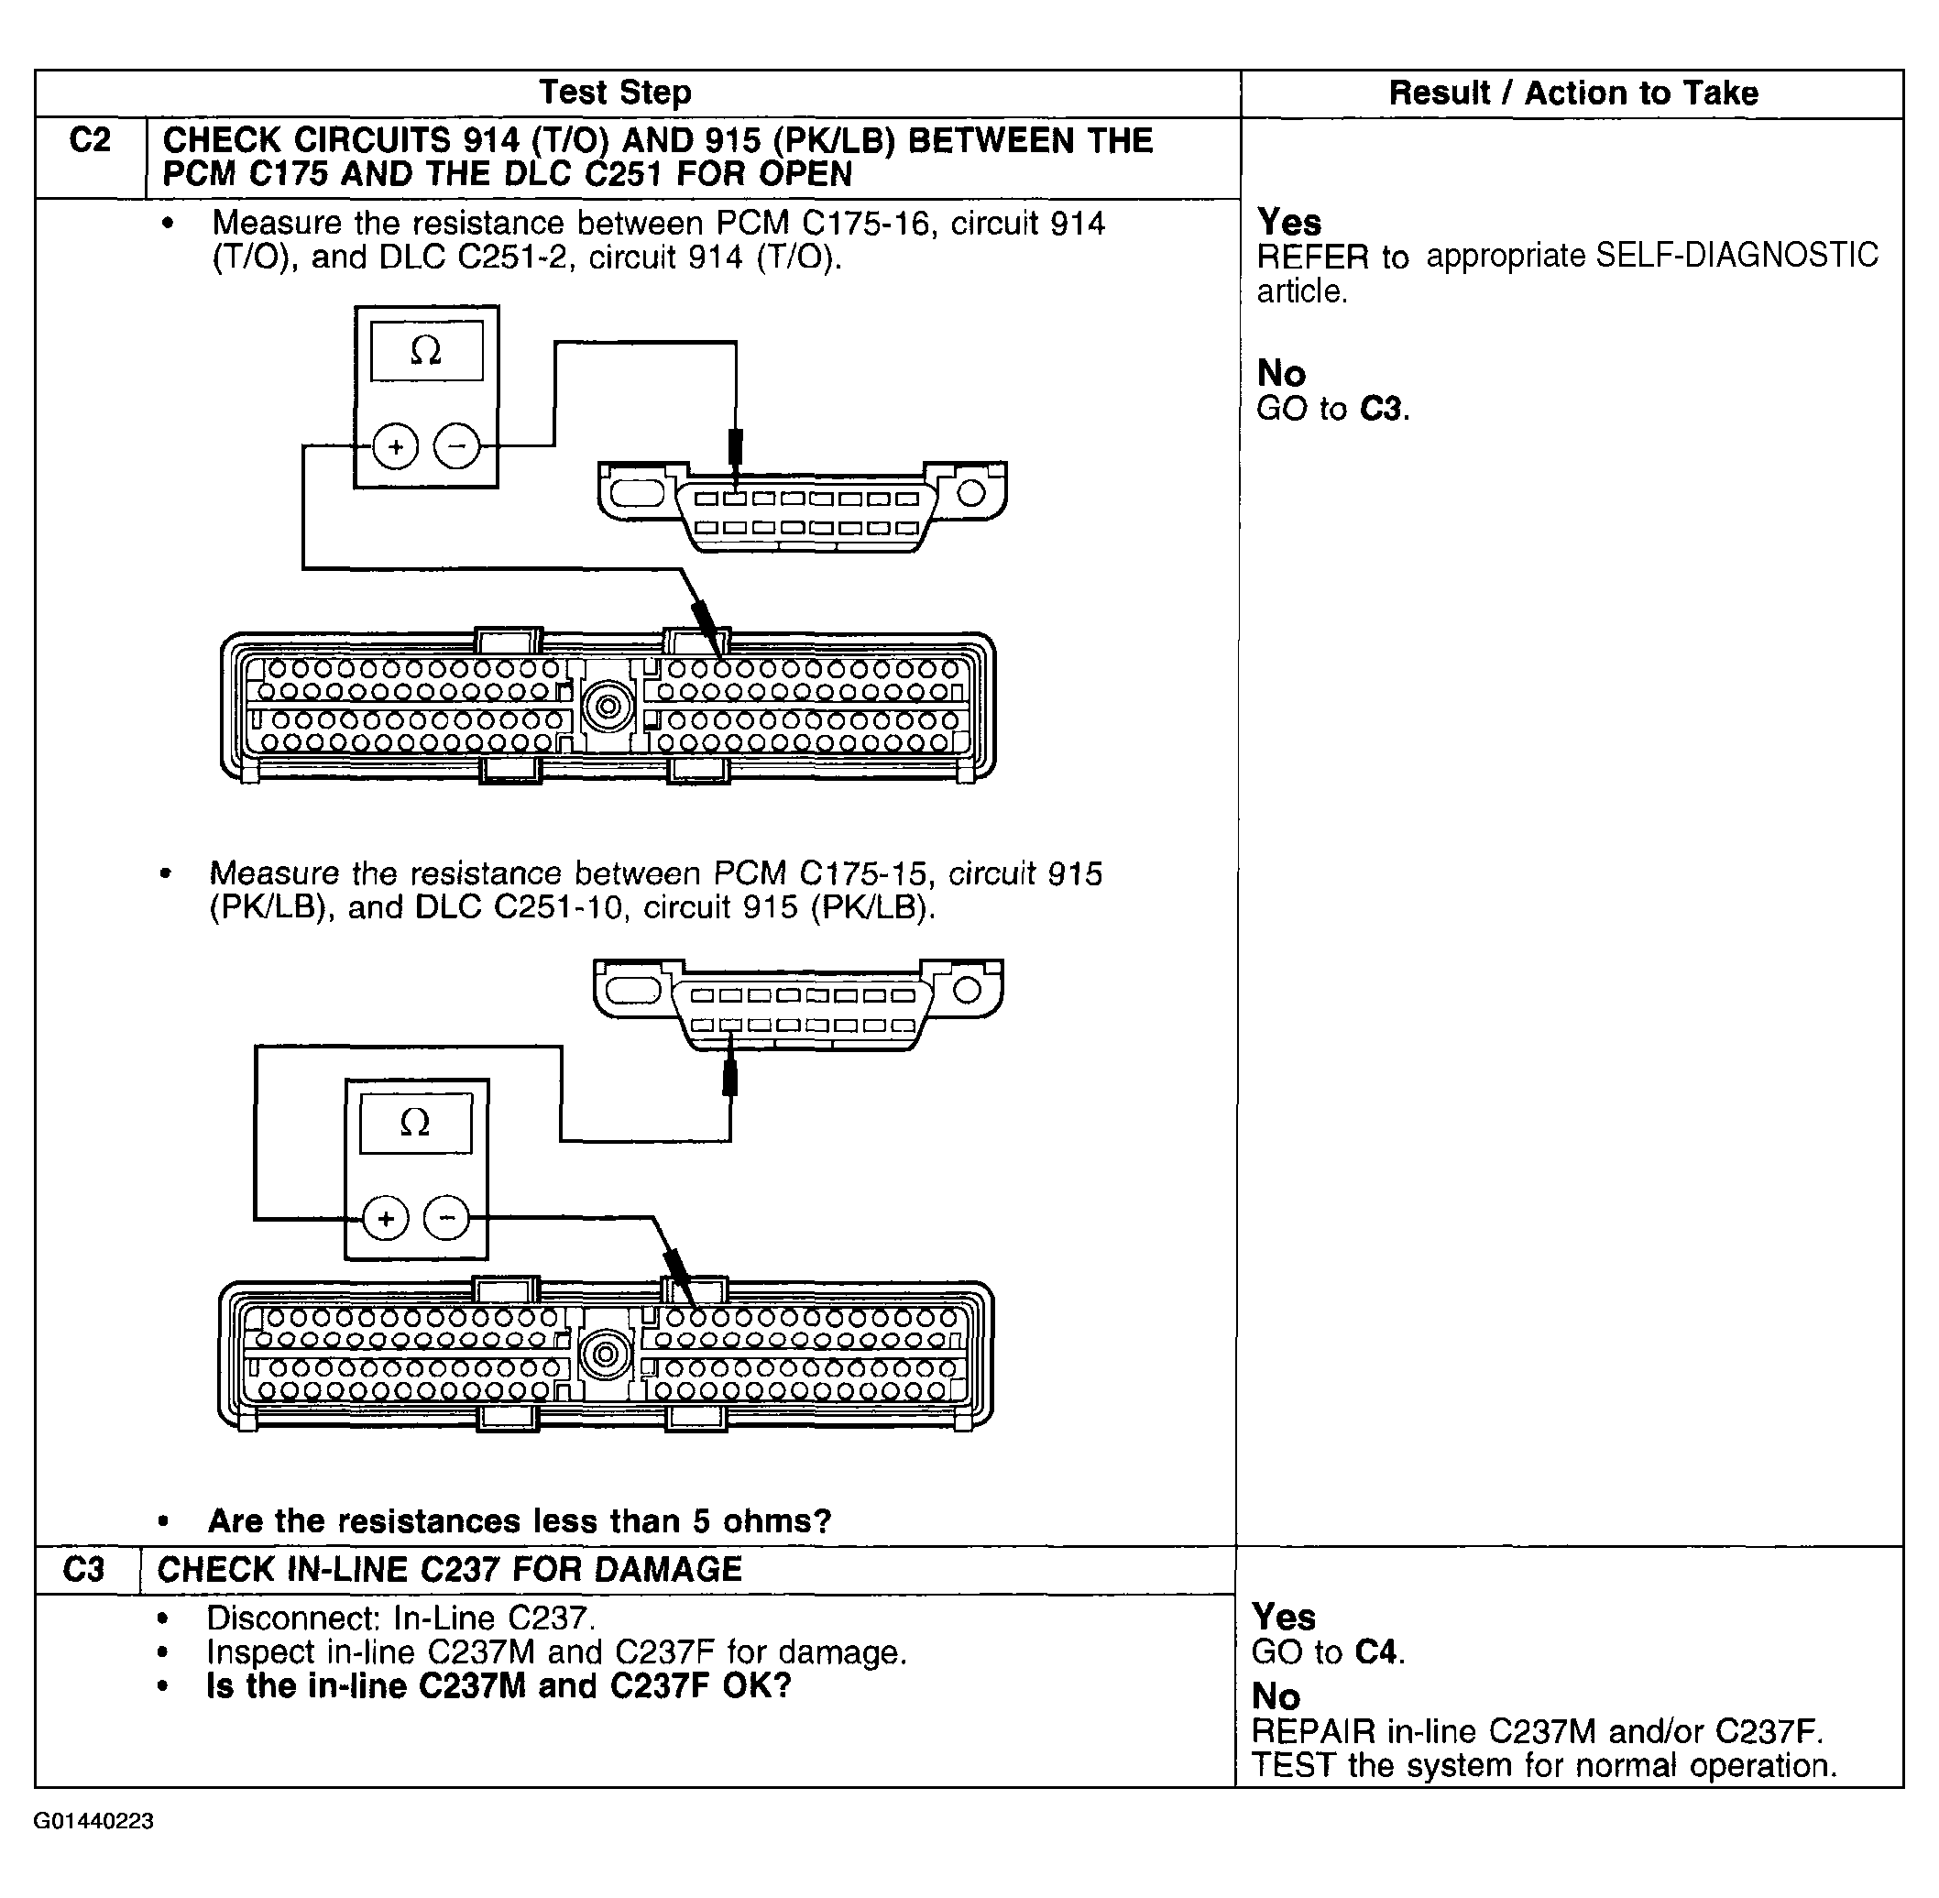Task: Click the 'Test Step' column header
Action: tap(615, 93)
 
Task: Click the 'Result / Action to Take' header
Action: tap(1572, 93)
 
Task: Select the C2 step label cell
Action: tap(90, 140)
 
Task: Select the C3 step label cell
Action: tap(83, 1570)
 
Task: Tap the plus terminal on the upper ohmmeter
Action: tap(396, 445)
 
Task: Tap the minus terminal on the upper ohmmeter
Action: tap(456, 445)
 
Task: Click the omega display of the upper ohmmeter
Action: tap(427, 350)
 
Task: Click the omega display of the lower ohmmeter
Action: tap(416, 1124)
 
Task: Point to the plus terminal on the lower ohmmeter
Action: tap(386, 1218)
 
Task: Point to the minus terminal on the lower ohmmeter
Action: tap(446, 1218)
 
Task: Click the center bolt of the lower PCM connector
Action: tap(604, 1355)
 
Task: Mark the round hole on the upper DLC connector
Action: tap(971, 492)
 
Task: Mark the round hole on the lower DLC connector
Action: tap(966, 990)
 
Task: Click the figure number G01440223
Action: tap(93, 1821)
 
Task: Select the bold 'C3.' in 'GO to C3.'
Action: tap(1385, 409)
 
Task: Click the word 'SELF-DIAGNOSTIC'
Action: tap(1736, 257)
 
